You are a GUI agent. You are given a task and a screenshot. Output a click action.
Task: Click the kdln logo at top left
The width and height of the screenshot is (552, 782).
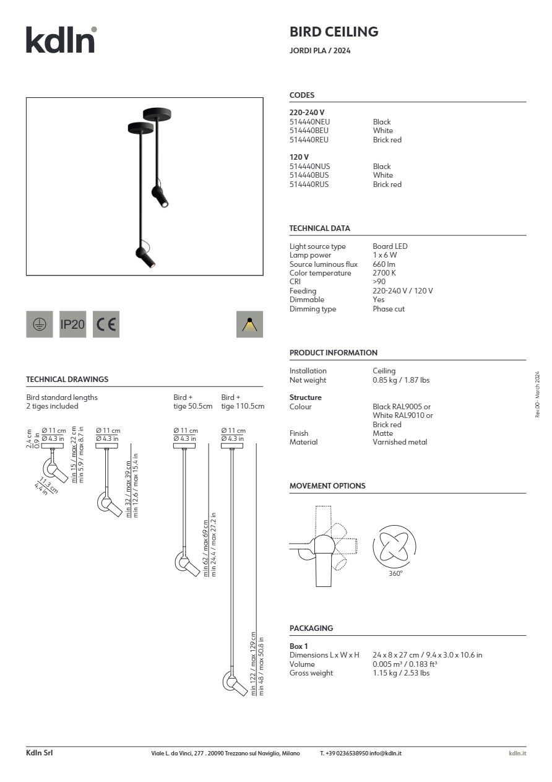point(61,40)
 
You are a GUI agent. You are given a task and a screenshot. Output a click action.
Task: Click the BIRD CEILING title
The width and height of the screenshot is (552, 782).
point(334,32)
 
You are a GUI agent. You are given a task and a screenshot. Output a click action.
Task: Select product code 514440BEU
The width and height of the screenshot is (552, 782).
point(309,131)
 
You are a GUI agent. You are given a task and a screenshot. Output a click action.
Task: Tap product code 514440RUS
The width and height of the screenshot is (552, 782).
point(309,185)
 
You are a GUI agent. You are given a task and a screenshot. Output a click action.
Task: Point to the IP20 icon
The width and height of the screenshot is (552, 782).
point(72,324)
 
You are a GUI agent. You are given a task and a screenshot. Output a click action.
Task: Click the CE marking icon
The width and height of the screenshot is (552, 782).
point(106,324)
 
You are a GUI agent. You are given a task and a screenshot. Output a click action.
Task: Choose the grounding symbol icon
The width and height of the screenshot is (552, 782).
point(39,324)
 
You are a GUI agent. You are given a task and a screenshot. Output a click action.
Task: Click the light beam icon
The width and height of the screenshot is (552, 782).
point(249,324)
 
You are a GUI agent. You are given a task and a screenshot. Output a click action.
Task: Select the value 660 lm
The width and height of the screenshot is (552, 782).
point(384,264)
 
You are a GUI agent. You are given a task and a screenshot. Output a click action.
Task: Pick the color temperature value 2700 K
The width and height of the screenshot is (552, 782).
point(384,273)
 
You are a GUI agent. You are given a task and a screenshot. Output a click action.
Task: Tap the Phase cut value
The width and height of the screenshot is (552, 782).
point(389,309)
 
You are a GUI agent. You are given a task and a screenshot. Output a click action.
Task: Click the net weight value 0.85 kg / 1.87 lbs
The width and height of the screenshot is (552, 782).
point(401,380)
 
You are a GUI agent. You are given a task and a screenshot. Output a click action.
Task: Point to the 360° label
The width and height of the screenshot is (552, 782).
point(395,574)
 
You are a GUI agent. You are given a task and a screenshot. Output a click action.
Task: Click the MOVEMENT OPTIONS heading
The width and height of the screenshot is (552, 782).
point(327,486)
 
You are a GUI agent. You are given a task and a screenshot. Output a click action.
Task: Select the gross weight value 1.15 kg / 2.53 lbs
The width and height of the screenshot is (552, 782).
point(401,673)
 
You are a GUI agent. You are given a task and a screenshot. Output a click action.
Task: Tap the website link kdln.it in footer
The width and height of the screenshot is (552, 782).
point(517,753)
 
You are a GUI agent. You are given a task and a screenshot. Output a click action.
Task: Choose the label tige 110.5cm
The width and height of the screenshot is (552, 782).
point(243,407)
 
